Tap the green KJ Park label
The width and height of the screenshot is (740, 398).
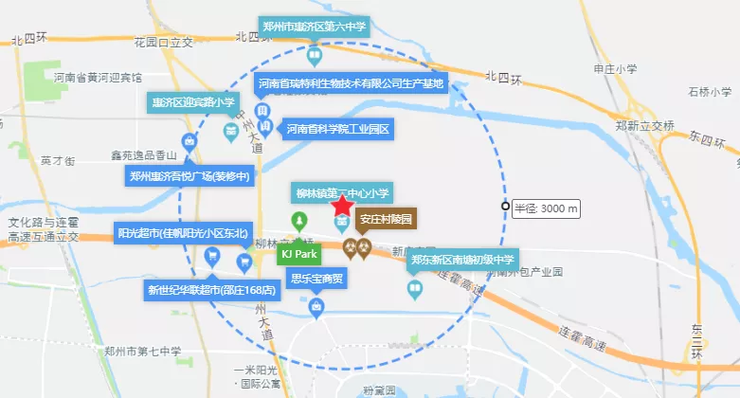[298, 253]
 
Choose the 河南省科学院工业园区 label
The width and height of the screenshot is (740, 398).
[338, 129]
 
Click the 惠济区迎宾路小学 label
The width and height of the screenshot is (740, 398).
[190, 101]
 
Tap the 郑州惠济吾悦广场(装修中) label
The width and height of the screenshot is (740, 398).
[190, 174]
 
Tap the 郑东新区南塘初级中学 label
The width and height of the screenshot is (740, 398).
[461, 259]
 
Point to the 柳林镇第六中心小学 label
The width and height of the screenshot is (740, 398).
[341, 192]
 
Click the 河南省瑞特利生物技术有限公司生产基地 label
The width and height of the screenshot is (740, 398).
[352, 84]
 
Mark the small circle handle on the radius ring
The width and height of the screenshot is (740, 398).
[505, 208]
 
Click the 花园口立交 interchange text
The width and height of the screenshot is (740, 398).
[163, 42]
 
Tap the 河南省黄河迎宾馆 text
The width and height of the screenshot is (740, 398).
[97, 77]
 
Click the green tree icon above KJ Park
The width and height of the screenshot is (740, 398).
[299, 223]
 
